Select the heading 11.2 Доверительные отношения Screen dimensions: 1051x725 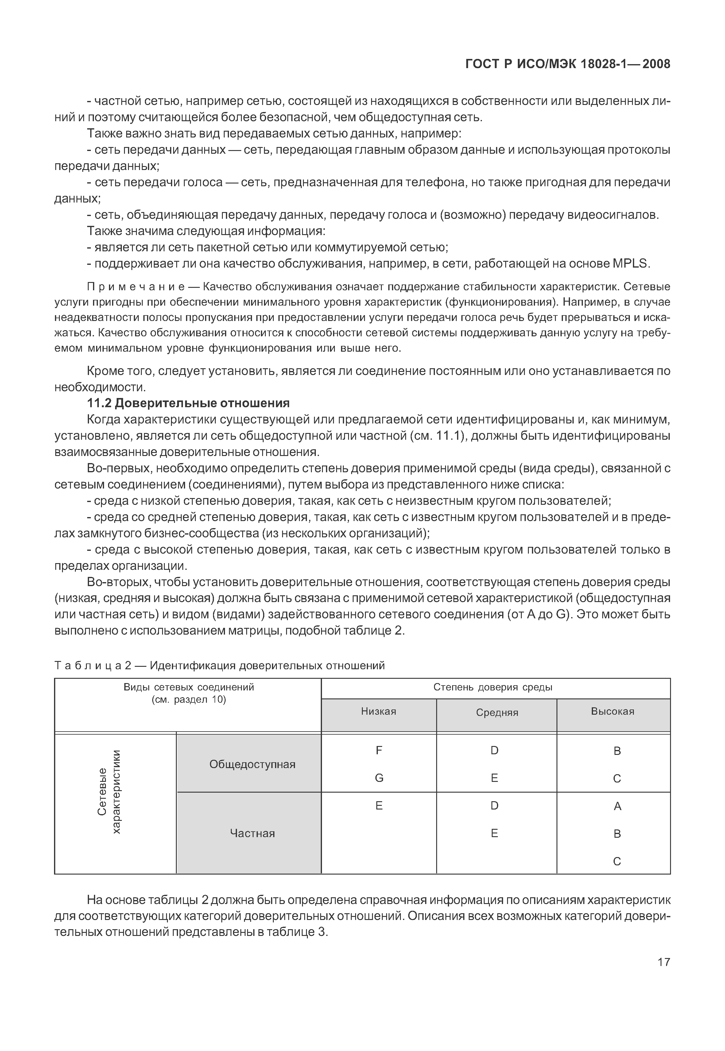pyautogui.click(x=188, y=403)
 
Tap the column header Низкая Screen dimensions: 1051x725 pyautogui.click(x=378, y=711)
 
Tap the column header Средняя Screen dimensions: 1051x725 pyautogui.click(x=497, y=712)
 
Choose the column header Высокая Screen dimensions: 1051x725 pyautogui.click(x=612, y=711)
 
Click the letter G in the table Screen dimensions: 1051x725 pyautogui.click(x=379, y=778)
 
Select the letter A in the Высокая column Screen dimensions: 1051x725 pyautogui.click(x=617, y=806)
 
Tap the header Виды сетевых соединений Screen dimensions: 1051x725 pyautogui.click(x=188, y=687)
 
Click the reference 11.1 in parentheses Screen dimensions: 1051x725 pyautogui.click(x=447, y=436)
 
